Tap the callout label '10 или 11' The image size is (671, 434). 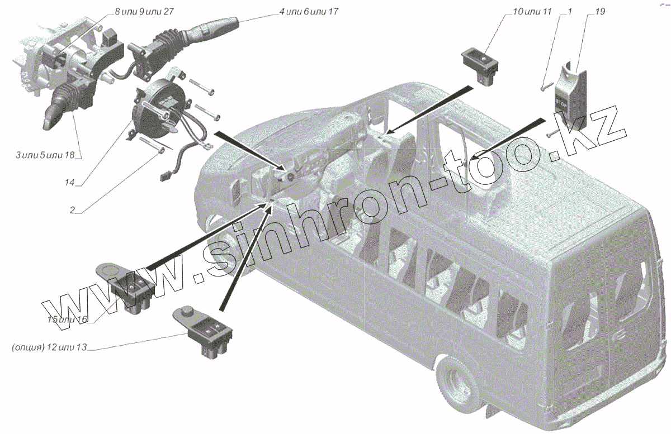[x=528, y=12]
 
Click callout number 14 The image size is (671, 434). [x=69, y=182]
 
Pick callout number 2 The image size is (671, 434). [x=72, y=210]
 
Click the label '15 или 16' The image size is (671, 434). [x=68, y=319]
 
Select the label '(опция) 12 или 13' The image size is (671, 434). [x=49, y=348]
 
